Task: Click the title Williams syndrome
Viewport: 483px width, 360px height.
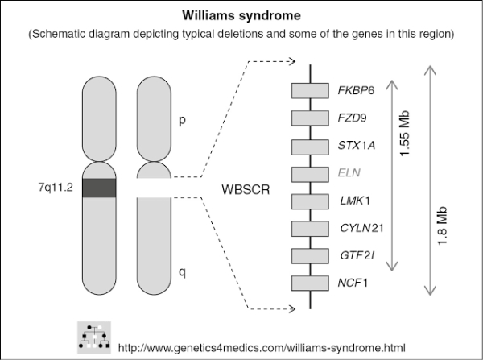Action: click(x=241, y=14)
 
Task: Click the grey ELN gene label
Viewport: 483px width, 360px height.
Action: click(x=351, y=173)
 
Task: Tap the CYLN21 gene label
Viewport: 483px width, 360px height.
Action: click(x=361, y=228)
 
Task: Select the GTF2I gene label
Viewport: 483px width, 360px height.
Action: click(x=356, y=255)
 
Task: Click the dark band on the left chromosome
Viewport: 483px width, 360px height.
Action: click(x=100, y=187)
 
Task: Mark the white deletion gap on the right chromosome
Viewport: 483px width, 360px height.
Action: click(x=154, y=188)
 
